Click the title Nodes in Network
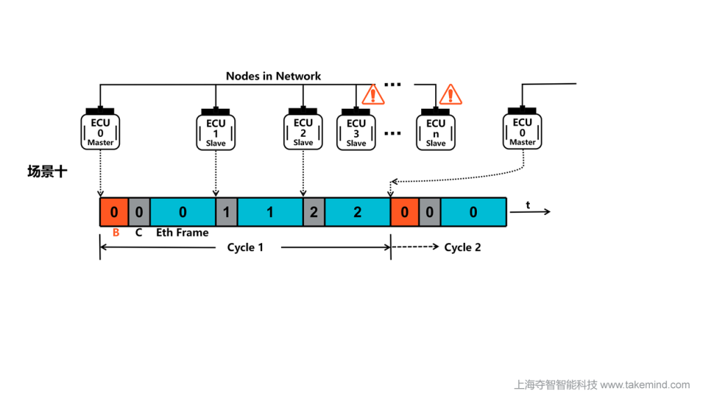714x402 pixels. click(273, 76)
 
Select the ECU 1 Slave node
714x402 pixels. click(216, 131)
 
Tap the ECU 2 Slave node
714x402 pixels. click(303, 130)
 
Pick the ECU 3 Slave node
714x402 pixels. click(356, 131)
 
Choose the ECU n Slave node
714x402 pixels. click(436, 131)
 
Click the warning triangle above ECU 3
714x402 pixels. click(374, 94)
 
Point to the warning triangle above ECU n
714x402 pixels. click(451, 94)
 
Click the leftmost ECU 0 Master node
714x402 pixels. click(100, 130)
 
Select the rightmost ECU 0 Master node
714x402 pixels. click(522, 129)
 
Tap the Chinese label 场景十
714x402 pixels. click(47, 172)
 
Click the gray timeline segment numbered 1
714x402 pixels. click(226, 212)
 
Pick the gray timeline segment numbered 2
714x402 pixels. click(314, 212)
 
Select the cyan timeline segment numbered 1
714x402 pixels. click(270, 212)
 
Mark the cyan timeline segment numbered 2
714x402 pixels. click(357, 212)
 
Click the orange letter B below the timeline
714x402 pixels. click(116, 233)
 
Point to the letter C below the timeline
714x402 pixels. click(139, 233)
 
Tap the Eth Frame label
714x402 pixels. click(182, 233)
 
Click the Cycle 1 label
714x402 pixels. click(245, 248)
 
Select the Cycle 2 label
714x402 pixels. click(462, 248)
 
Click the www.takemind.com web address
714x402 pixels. click(645, 385)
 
